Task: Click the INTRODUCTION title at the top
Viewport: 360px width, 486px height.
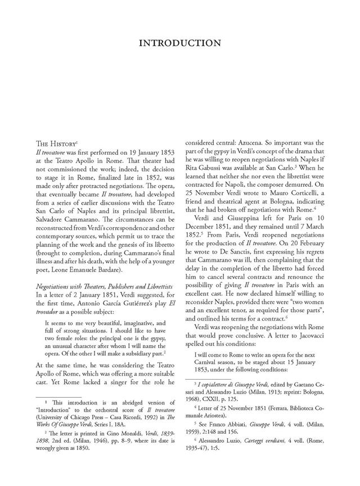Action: [x=180, y=43]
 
